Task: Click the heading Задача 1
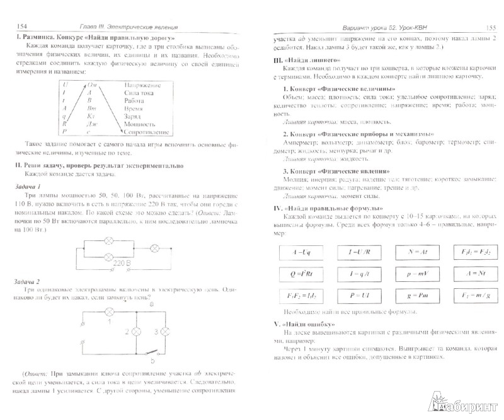click(x=32, y=187)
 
